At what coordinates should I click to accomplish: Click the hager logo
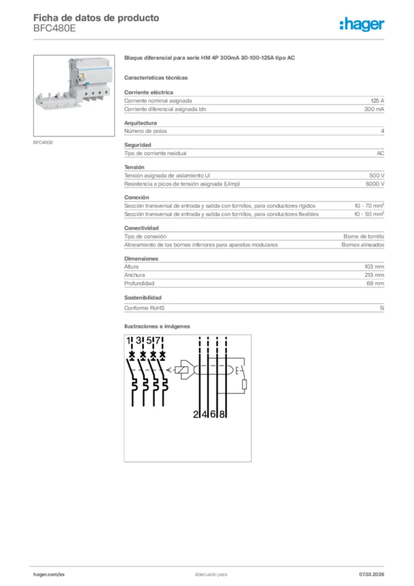click(x=361, y=24)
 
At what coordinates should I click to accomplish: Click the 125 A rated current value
click(x=377, y=100)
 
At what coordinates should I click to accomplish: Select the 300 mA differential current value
click(x=374, y=109)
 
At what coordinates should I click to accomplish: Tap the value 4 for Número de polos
click(x=382, y=131)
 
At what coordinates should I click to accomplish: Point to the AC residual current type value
click(x=380, y=153)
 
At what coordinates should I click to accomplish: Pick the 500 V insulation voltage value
click(x=377, y=175)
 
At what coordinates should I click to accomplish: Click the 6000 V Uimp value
click(x=375, y=184)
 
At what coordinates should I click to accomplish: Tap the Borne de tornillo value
click(x=364, y=236)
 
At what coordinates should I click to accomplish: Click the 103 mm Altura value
click(x=375, y=267)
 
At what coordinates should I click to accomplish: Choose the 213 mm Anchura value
click(x=375, y=275)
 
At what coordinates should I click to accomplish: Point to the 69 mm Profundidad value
click(x=376, y=283)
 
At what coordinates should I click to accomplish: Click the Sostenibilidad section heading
click(x=143, y=298)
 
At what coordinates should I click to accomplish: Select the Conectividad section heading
click(x=141, y=228)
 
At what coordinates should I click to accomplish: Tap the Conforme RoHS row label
click(x=144, y=308)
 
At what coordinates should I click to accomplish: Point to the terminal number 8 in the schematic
click(x=222, y=414)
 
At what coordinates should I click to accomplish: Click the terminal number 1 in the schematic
click(x=129, y=342)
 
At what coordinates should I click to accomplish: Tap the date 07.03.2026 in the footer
click(x=371, y=574)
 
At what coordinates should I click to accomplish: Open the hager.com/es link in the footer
click(x=49, y=574)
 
